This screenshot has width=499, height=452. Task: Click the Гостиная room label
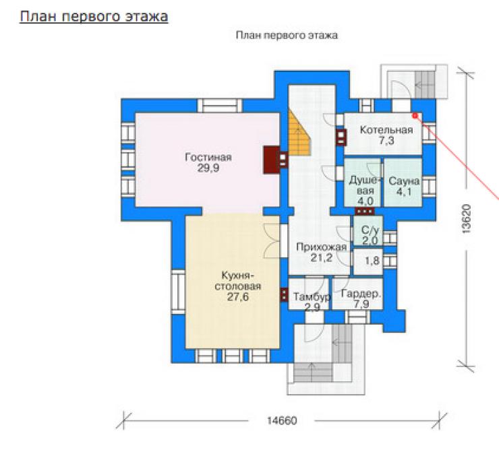coord(208,158)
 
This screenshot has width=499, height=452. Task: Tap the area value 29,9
coord(208,168)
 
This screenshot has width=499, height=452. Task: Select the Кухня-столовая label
coord(238,281)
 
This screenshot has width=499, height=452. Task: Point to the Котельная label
coord(386,130)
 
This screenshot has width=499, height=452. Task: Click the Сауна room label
coord(404,181)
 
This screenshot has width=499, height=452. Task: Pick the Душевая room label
coord(365,185)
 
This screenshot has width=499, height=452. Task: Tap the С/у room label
coord(370,230)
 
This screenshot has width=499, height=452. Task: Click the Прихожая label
coord(322,247)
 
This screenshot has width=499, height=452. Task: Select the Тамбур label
coord(312,297)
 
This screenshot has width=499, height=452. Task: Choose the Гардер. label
coord(361,294)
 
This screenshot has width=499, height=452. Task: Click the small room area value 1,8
coord(372,261)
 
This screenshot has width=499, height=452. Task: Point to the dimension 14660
coord(282,420)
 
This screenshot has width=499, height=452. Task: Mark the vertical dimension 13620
coord(465,219)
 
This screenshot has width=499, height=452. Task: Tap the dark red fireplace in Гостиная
coord(272,160)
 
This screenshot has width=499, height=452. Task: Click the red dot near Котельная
coord(415,116)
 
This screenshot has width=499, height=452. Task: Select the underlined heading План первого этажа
coord(94,17)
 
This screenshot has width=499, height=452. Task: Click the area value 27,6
coord(238,297)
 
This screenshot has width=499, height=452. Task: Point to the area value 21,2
coord(322,258)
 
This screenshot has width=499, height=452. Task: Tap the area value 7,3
coord(386,141)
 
